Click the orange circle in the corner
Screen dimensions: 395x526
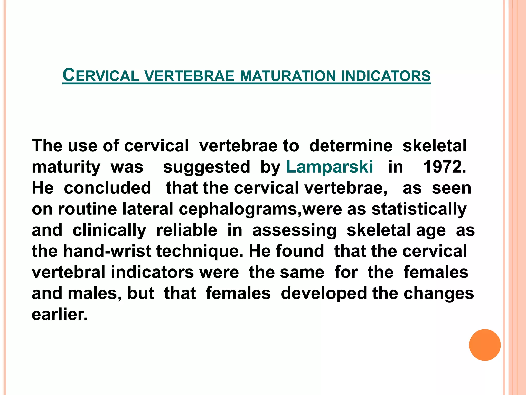pyautogui.click(x=485, y=345)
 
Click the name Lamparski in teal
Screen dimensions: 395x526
pyautogui.click(x=329, y=167)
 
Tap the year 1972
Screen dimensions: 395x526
pyautogui.click(x=444, y=167)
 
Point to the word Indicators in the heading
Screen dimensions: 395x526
pyautogui.click(x=386, y=76)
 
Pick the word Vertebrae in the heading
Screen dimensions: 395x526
pyautogui.click(x=189, y=76)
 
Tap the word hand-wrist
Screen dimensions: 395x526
pyautogui.click(x=107, y=251)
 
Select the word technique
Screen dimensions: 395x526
pyautogui.click(x=200, y=251)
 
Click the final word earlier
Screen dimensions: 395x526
pyautogui.click(x=60, y=314)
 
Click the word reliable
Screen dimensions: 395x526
pyautogui.click(x=187, y=230)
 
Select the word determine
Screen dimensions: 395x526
pyautogui.click(x=351, y=146)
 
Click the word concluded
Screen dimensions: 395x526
pyautogui.click(x=107, y=188)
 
